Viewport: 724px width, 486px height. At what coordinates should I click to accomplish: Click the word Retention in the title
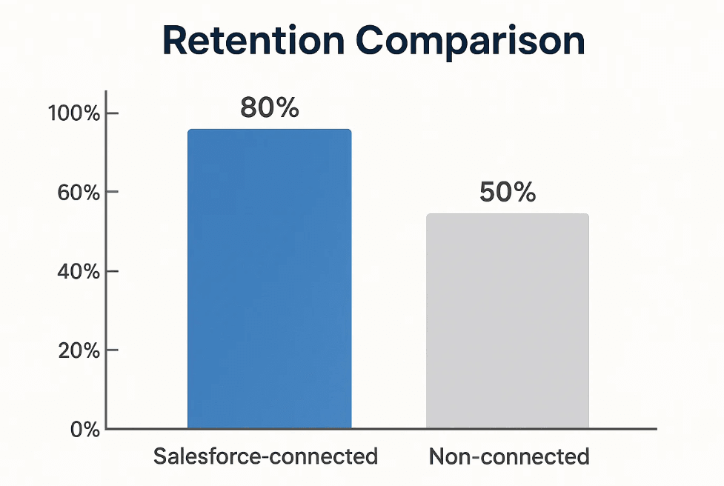[x=253, y=41]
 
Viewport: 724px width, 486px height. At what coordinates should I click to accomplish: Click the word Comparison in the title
[x=470, y=43]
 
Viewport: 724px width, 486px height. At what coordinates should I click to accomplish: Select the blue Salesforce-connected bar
[x=270, y=279]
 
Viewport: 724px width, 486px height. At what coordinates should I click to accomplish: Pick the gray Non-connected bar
[x=508, y=322]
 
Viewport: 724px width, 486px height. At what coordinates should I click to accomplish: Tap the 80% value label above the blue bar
[x=270, y=108]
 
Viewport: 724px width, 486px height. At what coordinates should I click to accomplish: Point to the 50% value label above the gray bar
[x=508, y=192]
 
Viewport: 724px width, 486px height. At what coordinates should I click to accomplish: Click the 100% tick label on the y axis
[x=74, y=113]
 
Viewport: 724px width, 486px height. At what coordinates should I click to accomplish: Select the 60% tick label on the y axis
[x=79, y=193]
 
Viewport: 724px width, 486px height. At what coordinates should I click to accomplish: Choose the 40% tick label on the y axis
[x=79, y=272]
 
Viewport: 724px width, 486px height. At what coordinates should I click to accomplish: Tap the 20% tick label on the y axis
[x=79, y=351]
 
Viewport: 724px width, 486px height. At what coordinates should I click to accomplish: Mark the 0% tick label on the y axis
[x=85, y=430]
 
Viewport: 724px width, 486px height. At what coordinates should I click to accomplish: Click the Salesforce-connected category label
[x=265, y=456]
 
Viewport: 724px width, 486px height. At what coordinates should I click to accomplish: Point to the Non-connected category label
[x=509, y=456]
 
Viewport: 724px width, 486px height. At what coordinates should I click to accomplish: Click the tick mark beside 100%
[x=112, y=113]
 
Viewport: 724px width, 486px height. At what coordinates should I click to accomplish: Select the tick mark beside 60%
[x=112, y=192]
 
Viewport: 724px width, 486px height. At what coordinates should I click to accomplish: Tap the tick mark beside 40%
[x=112, y=271]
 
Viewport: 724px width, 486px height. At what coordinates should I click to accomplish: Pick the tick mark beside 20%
[x=112, y=350]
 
